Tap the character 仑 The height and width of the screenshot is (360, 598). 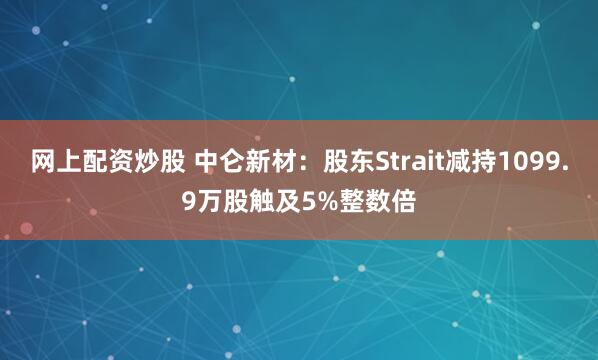click(232, 162)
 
